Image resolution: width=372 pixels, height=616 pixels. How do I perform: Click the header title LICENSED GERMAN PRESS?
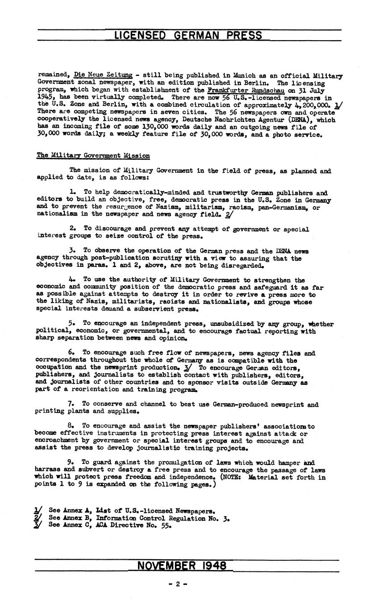(188, 36)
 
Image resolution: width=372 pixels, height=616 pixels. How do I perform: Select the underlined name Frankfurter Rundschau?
(246, 90)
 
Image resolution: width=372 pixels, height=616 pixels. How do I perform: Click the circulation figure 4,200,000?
(309, 105)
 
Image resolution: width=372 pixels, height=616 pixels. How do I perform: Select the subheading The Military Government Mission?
(93, 156)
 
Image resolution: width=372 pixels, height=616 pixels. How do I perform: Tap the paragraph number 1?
(72, 193)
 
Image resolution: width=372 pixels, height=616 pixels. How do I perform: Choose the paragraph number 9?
(70, 463)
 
